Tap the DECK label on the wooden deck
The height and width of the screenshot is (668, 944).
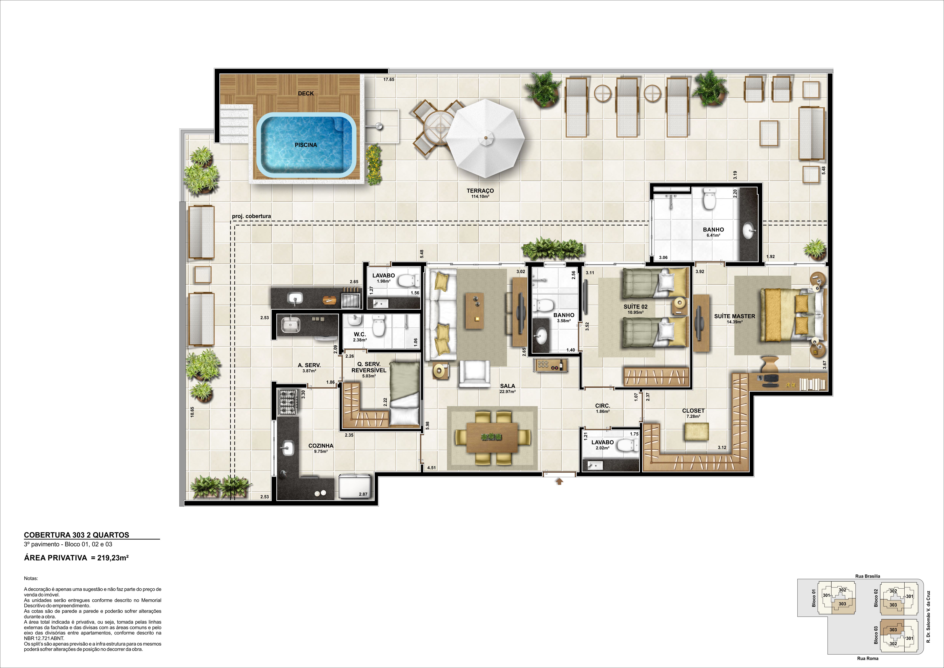pyautogui.click(x=306, y=93)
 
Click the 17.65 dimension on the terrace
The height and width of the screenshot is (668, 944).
pyautogui.click(x=389, y=79)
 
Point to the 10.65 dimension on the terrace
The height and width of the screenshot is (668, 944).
pyautogui.click(x=192, y=412)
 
